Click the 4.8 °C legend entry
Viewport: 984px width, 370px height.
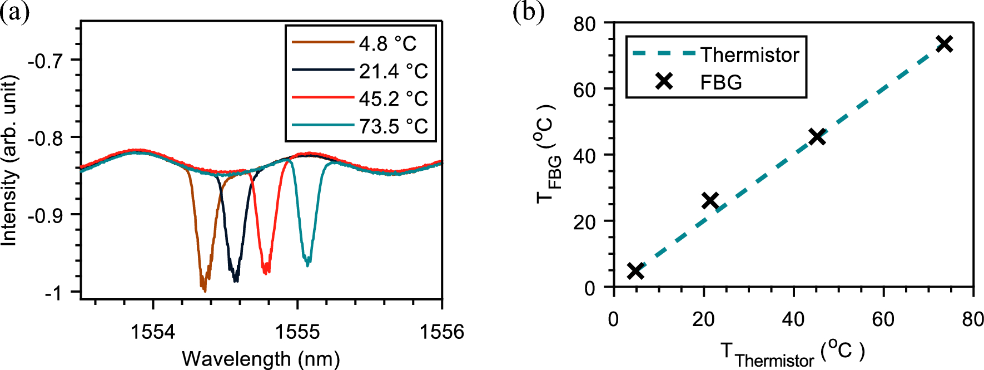point(387,43)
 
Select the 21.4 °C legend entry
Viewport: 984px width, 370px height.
point(392,71)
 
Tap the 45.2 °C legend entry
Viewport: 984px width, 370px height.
point(392,99)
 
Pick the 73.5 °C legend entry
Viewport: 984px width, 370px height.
point(392,126)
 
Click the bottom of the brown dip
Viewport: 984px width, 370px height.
point(204,289)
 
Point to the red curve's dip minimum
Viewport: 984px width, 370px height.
point(266,272)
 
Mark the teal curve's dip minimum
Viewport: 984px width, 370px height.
point(307,263)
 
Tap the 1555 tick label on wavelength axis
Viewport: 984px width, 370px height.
point(297,332)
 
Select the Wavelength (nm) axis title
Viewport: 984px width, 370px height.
point(261,359)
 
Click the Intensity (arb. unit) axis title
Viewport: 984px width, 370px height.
point(9,160)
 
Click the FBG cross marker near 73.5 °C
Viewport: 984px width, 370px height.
point(945,44)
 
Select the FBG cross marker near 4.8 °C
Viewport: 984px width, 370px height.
point(635,271)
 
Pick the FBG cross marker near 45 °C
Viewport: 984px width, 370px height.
point(817,136)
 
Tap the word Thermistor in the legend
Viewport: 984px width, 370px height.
point(749,55)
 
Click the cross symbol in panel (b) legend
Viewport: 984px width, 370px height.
point(664,82)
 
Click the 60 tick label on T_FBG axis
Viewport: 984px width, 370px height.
point(584,90)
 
